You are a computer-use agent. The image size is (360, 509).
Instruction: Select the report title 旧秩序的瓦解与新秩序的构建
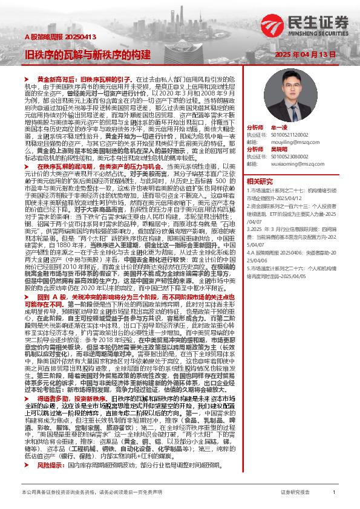[87, 53]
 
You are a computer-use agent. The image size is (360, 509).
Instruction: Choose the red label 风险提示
[51, 449]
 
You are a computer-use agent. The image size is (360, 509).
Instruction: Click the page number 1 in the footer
[333, 493]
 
